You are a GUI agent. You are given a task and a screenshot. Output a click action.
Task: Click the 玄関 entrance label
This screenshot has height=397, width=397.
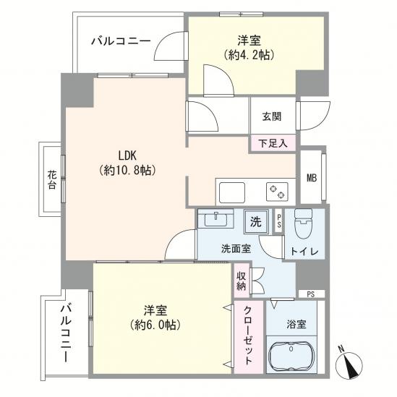click(x=271, y=116)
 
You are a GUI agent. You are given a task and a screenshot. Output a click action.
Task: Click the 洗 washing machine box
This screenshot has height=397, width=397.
click(x=256, y=220)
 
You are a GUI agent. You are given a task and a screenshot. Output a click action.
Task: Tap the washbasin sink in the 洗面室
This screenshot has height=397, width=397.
click(x=214, y=219)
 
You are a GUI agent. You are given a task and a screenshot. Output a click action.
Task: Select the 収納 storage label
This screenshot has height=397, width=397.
click(x=240, y=281)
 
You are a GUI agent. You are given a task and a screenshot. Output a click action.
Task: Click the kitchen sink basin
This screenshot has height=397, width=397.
click(x=232, y=193)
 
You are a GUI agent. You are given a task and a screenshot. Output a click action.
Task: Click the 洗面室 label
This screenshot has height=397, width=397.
click(x=236, y=247)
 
